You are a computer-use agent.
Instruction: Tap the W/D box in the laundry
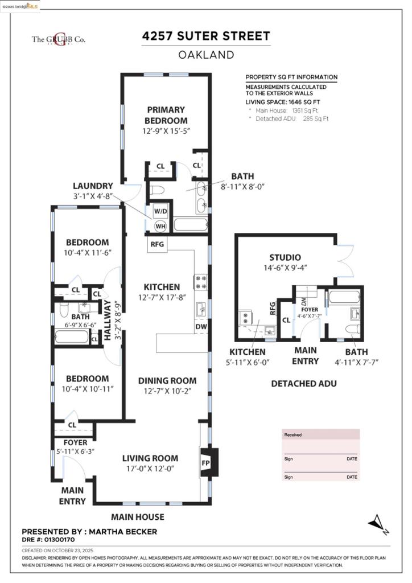(x=160, y=211)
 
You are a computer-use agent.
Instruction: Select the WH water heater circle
(x=160, y=226)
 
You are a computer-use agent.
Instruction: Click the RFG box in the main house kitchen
(x=157, y=245)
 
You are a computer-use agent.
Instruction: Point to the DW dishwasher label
(x=201, y=326)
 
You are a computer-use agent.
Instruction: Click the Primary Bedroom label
(x=166, y=115)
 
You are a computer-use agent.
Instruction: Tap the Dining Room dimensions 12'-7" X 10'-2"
(x=167, y=391)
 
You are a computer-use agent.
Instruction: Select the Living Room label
(x=150, y=458)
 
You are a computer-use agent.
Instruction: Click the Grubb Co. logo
(x=58, y=39)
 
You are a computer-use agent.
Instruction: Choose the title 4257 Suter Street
(x=206, y=36)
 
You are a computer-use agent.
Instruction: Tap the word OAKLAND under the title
(x=206, y=55)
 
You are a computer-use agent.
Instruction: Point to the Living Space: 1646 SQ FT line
(x=283, y=102)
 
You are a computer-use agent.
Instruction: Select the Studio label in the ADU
(x=285, y=257)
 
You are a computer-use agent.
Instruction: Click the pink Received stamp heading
(x=293, y=434)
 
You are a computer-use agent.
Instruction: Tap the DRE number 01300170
(x=48, y=540)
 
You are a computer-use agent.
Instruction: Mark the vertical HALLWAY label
(x=108, y=320)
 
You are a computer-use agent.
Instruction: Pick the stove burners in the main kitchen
(x=201, y=282)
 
